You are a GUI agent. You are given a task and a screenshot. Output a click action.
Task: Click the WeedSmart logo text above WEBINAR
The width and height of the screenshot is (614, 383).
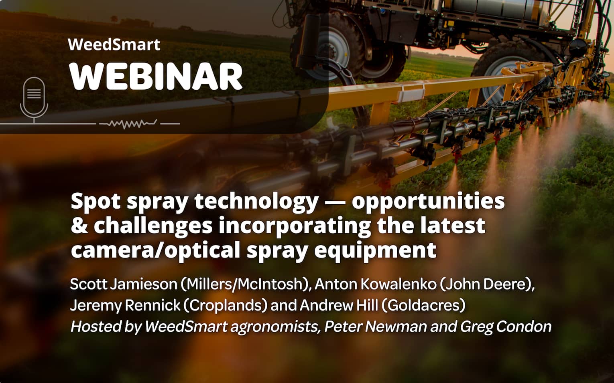click(114, 44)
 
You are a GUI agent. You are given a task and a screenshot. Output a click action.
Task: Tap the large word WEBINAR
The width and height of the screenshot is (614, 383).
click(156, 76)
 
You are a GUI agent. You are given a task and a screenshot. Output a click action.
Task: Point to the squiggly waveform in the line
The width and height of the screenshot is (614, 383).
click(128, 124)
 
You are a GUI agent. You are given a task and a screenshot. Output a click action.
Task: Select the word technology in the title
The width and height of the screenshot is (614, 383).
click(256, 201)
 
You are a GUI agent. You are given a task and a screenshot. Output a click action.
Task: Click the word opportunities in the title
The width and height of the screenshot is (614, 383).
click(428, 201)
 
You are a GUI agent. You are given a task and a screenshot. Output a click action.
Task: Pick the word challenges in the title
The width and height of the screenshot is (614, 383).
click(153, 226)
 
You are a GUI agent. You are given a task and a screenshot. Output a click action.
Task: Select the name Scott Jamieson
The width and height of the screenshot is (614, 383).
click(123, 284)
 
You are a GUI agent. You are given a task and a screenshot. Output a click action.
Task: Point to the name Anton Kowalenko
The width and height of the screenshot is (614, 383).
click(375, 284)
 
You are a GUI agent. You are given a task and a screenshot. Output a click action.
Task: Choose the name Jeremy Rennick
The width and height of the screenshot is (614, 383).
click(125, 305)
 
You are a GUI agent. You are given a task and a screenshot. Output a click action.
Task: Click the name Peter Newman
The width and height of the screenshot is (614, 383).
click(375, 327)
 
